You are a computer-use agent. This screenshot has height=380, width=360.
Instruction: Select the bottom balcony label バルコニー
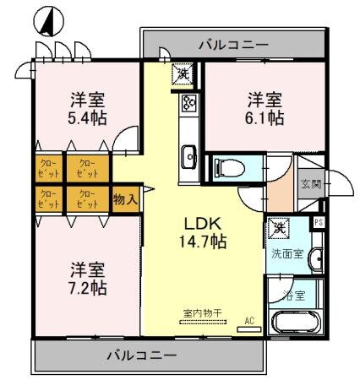tap(141, 355)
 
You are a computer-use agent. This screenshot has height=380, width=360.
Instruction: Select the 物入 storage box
tap(125, 198)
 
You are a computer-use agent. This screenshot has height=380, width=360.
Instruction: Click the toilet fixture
tap(226, 167)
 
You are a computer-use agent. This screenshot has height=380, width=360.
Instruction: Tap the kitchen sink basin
tap(188, 155)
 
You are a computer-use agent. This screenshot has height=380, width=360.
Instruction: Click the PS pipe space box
tap(319, 223)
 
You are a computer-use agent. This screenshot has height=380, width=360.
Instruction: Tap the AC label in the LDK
tap(249, 320)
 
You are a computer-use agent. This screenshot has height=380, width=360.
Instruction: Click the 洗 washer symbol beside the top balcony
tap(183, 74)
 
